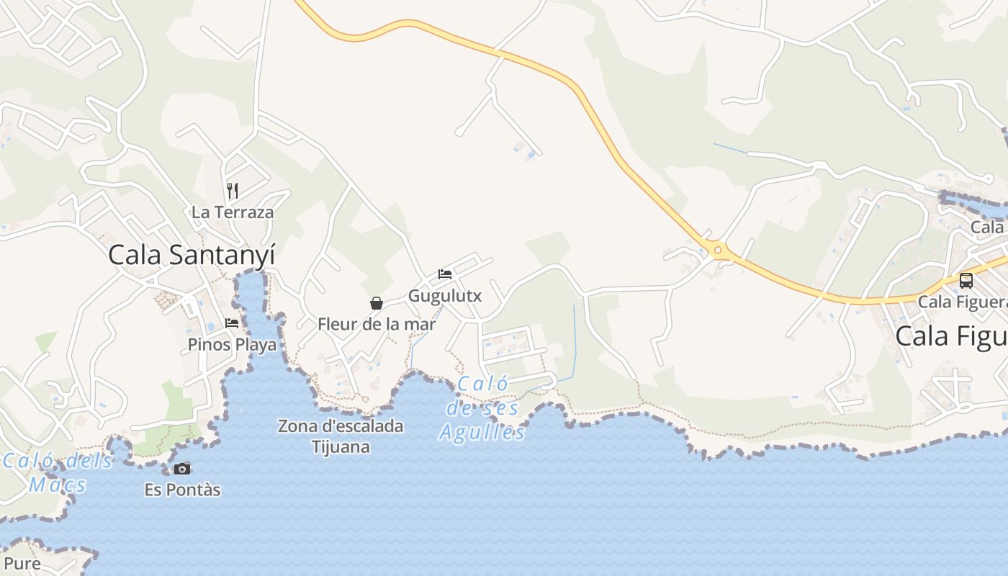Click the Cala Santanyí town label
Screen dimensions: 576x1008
pyautogui.click(x=192, y=255)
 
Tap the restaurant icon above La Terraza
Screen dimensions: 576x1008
pyautogui.click(x=232, y=191)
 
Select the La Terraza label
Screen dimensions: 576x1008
pyautogui.click(x=233, y=212)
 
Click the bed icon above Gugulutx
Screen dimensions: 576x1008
pyautogui.click(x=445, y=274)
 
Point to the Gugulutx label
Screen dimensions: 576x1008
pyautogui.click(x=445, y=296)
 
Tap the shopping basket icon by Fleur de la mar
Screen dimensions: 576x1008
pyautogui.click(x=376, y=303)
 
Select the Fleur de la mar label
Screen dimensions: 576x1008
pyautogui.click(x=377, y=324)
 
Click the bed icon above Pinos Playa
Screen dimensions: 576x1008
pyautogui.click(x=232, y=323)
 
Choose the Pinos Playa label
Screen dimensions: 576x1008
pyautogui.click(x=232, y=345)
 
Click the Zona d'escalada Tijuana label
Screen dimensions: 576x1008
pyautogui.click(x=341, y=436)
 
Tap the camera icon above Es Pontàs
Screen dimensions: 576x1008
pyautogui.click(x=182, y=469)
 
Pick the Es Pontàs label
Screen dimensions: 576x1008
pyautogui.click(x=182, y=490)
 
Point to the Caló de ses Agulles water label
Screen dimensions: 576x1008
pyautogui.click(x=482, y=408)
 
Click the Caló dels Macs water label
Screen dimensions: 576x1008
pyautogui.click(x=58, y=472)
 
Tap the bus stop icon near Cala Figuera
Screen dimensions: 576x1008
pyautogui.click(x=966, y=281)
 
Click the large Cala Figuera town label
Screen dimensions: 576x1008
pyautogui.click(x=950, y=336)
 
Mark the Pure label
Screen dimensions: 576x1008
pyautogui.click(x=22, y=563)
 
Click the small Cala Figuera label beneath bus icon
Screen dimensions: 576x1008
pyautogui.click(x=962, y=302)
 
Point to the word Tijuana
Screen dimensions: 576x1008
pyautogui.click(x=341, y=447)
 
